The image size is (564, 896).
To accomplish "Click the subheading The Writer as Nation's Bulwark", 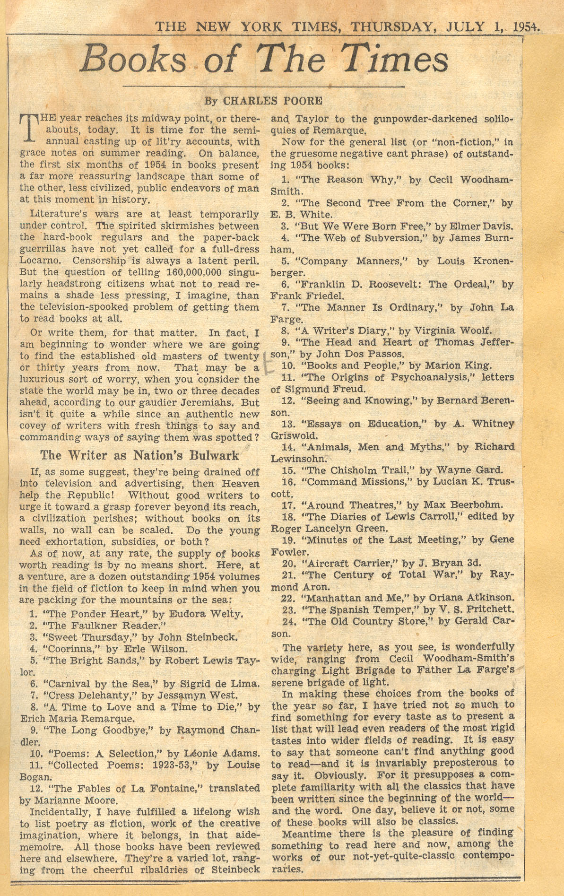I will pyautogui.click(x=139, y=456).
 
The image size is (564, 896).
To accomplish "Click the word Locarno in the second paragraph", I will pyautogui.click(x=38, y=261).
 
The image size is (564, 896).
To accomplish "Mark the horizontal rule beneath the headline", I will pyautogui.click(x=263, y=87).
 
